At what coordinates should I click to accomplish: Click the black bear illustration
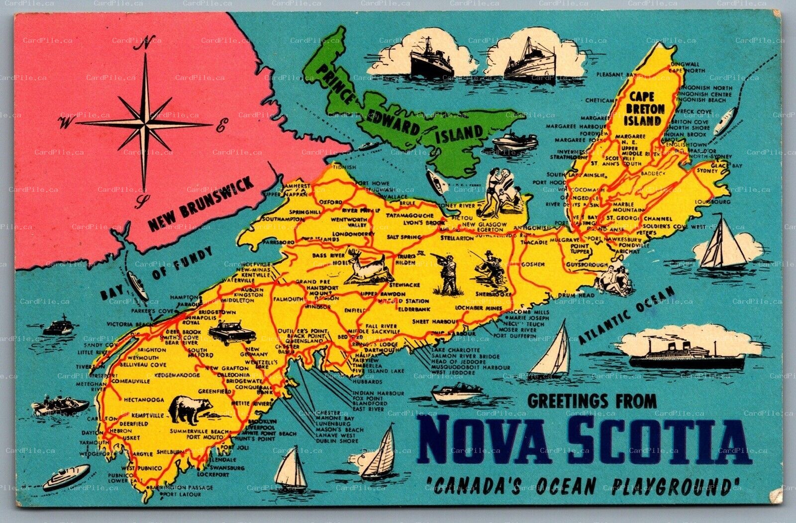point(190,409)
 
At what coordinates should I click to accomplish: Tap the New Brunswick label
point(200,204)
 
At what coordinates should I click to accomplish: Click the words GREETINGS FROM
point(592,401)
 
